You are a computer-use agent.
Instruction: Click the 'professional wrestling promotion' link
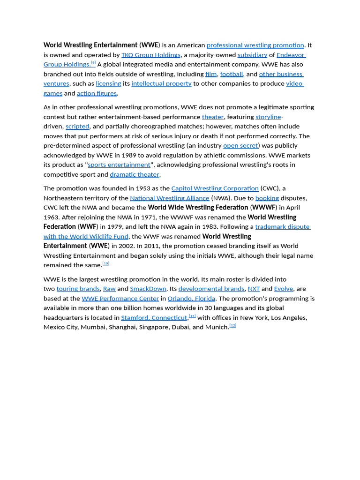255,45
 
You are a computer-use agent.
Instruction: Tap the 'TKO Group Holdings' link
151,55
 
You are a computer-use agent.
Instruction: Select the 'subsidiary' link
252,55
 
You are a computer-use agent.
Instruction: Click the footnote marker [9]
93,63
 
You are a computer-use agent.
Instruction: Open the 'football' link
232,74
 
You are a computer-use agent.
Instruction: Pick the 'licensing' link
108,83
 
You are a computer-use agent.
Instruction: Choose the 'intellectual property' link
161,83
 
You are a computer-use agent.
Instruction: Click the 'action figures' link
97,93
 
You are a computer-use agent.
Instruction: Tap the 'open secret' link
240,146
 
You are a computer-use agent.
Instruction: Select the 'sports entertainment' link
119,165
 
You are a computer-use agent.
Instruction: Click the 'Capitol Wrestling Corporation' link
215,188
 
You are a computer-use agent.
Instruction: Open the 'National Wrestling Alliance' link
170,198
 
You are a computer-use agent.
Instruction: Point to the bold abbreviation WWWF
263,208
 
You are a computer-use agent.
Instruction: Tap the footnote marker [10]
106,263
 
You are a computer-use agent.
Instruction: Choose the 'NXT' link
254,289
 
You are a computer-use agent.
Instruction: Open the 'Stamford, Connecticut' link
154,318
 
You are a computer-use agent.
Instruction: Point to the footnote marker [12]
233,325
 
